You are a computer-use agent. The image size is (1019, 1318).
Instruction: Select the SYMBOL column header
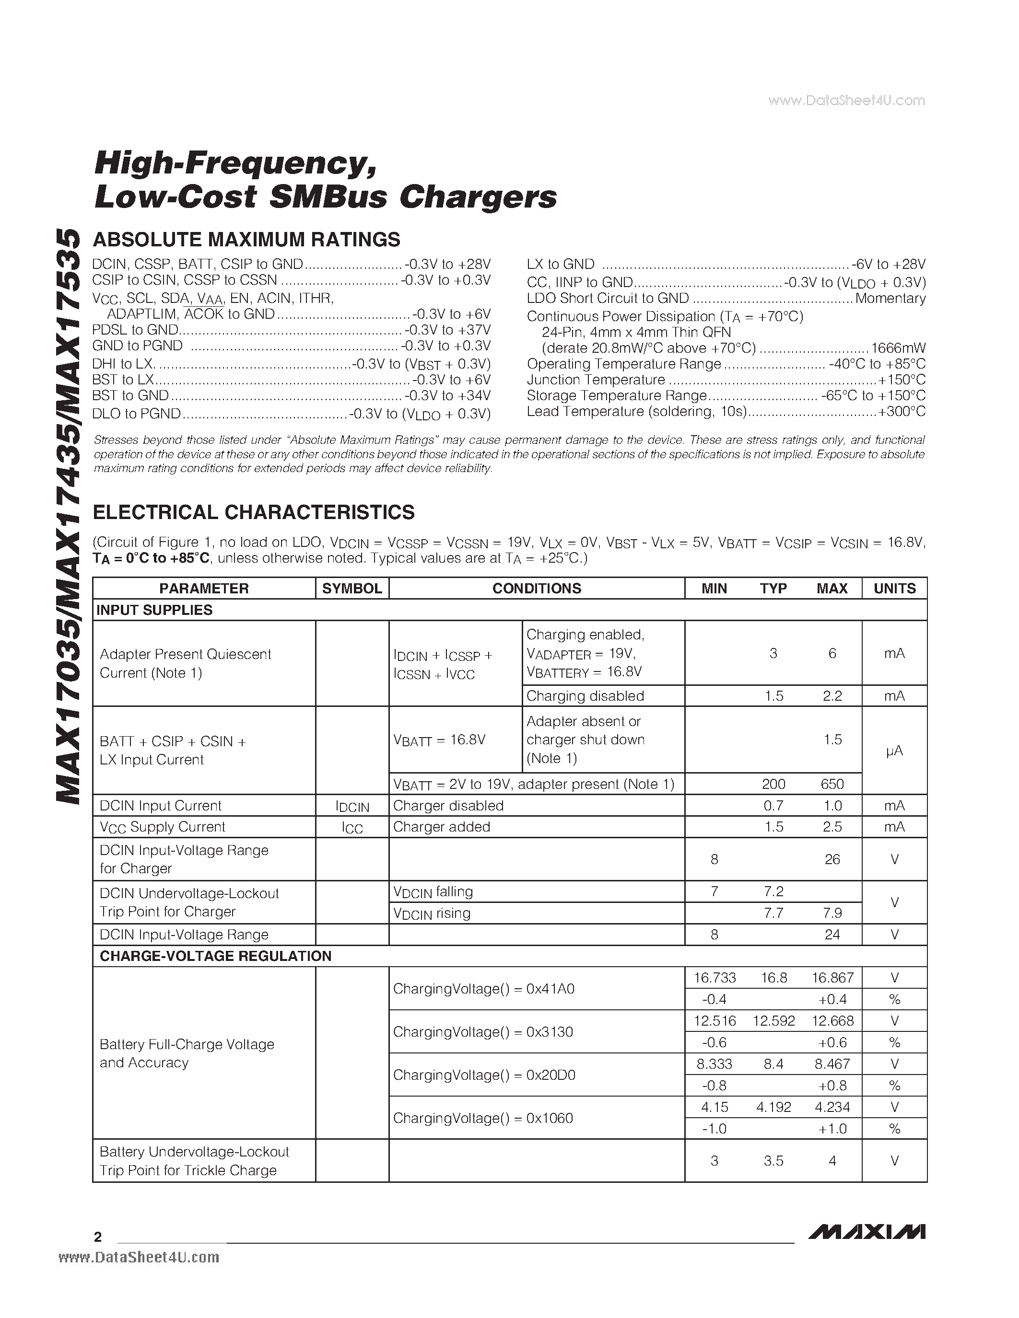click(352, 589)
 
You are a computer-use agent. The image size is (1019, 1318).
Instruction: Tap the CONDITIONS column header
click(537, 589)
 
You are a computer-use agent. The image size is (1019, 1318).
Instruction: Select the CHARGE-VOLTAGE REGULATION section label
click(215, 956)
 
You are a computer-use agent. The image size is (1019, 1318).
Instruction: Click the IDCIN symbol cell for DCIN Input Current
click(352, 806)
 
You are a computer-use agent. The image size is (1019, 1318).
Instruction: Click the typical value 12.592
click(773, 1021)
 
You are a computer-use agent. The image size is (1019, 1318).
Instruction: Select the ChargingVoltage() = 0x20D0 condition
click(484, 1075)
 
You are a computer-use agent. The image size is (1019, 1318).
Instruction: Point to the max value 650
click(832, 784)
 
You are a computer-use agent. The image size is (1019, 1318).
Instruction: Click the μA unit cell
click(894, 751)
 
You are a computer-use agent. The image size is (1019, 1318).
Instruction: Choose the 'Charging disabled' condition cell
click(585, 696)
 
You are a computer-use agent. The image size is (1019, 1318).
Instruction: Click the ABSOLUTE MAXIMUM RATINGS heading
click(246, 240)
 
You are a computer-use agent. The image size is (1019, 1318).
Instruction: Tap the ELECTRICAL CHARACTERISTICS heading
click(254, 512)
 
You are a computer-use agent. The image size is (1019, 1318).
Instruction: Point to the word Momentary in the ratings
click(890, 298)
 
